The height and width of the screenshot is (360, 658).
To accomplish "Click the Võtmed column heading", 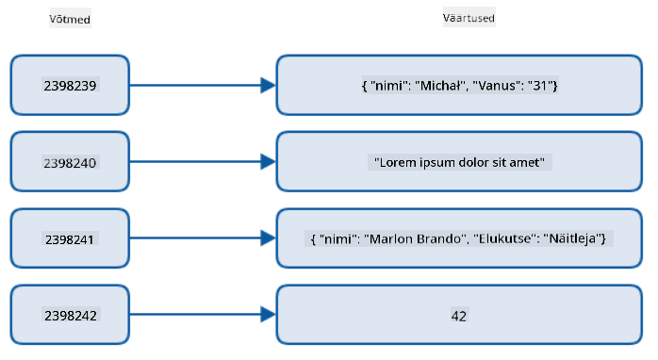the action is pyautogui.click(x=70, y=19).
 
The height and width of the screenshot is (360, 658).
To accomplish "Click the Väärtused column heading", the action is pyautogui.click(x=469, y=18).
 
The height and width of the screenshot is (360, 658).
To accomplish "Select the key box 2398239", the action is pyautogui.click(x=70, y=85).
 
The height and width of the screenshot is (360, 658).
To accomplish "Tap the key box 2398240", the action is pyautogui.click(x=70, y=162).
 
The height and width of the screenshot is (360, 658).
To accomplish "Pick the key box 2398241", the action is pyautogui.click(x=70, y=238).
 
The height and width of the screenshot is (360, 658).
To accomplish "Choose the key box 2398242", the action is pyautogui.click(x=70, y=315).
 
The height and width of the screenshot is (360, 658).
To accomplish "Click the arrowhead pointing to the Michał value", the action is pyautogui.click(x=268, y=85).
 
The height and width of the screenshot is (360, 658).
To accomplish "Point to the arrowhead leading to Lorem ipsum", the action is pyautogui.click(x=268, y=162).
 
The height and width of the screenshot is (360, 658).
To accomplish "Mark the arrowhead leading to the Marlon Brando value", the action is pyautogui.click(x=268, y=238).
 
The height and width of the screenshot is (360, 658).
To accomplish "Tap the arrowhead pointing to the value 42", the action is pyautogui.click(x=268, y=315).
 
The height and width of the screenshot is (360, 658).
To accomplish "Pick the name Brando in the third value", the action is pyautogui.click(x=439, y=238).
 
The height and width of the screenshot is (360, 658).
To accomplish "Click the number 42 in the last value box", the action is pyautogui.click(x=459, y=316).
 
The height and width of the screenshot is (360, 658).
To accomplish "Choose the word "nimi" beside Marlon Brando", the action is pyautogui.click(x=336, y=238).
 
